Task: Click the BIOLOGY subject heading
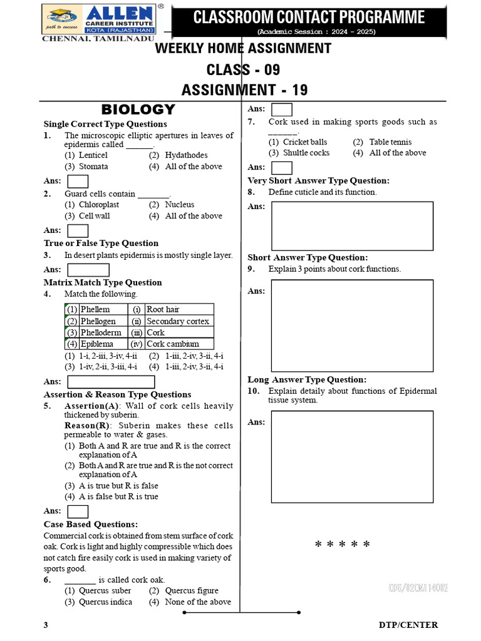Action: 138,110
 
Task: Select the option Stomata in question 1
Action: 93,167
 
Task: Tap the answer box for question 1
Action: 78,181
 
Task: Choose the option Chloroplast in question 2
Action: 98,205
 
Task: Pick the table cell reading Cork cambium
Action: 173,344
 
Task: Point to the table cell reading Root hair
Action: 163,309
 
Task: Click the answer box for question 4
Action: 111,382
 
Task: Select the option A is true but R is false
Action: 118,486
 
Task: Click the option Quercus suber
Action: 105,590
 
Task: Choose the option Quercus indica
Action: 105,602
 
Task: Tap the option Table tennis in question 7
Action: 390,142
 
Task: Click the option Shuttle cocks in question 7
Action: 306,153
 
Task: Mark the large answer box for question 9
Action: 352,326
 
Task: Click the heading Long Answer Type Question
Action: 307,379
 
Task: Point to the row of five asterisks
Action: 343,545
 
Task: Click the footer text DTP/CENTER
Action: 408,625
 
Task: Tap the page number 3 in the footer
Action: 46,625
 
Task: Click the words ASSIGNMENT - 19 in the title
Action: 244,90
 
